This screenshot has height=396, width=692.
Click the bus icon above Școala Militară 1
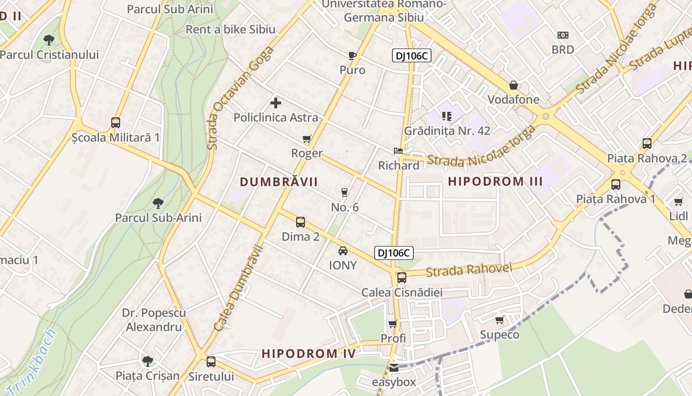115,122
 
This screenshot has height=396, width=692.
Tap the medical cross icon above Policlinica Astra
276,103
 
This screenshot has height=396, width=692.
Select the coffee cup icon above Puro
352,55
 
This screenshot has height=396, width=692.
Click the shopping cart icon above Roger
306,139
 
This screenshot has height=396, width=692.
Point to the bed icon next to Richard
398,151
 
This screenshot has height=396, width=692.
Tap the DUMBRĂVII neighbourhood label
279,182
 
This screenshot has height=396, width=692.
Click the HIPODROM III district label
495,181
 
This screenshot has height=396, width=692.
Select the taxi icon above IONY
343,251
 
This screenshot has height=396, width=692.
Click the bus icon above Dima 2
300,222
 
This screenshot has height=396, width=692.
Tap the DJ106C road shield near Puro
412,56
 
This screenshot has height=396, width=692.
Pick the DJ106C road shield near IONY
393,253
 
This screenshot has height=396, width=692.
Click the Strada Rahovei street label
469,270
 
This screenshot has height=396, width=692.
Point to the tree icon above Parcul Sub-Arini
158,203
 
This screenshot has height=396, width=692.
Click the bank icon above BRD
562,35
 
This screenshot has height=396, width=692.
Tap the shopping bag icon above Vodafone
514,85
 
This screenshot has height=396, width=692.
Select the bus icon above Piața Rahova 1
615,185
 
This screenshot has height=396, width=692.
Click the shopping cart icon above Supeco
499,320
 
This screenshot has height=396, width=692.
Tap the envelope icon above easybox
393,368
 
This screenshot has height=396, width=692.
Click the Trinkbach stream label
33,362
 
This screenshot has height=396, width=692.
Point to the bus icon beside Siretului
211,362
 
